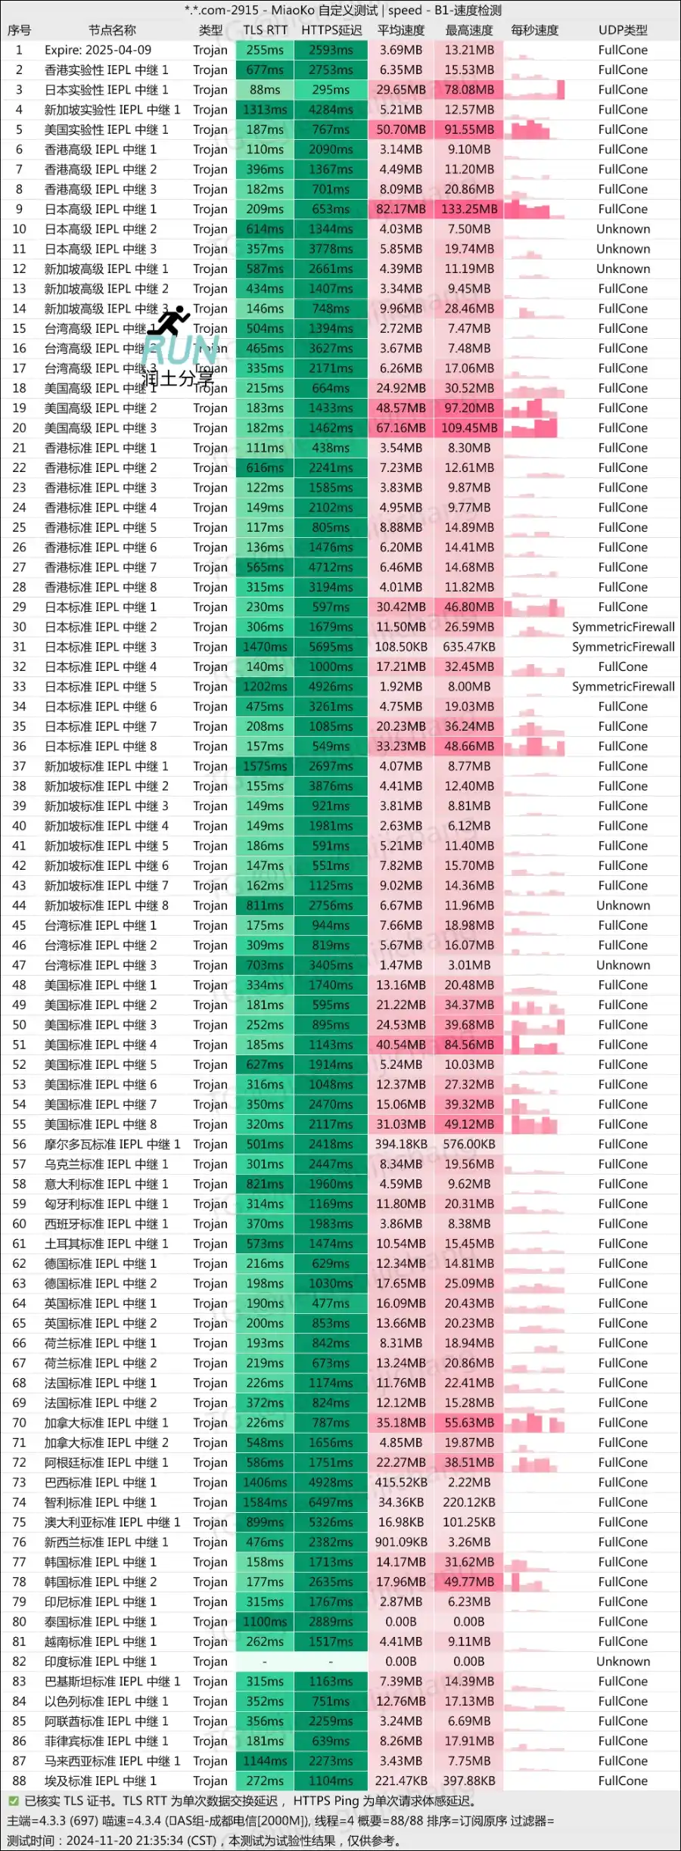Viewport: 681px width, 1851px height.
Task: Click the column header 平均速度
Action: [x=401, y=30]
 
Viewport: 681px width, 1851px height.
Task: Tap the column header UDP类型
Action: [x=623, y=30]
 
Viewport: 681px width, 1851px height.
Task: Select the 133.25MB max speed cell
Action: [x=469, y=209]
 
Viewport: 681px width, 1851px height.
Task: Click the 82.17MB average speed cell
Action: [x=401, y=209]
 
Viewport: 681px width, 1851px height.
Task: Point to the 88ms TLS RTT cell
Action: [x=265, y=89]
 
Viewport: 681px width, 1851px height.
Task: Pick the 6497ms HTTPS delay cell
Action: [x=331, y=1502]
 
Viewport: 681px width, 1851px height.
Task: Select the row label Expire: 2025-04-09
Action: [x=98, y=50]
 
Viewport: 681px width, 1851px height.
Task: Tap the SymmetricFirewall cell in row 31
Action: [x=623, y=647]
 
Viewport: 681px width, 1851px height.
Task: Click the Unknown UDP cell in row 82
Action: [x=623, y=1661]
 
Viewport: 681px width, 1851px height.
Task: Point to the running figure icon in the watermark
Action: [x=169, y=321]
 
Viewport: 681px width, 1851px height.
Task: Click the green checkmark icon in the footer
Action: [x=14, y=1801]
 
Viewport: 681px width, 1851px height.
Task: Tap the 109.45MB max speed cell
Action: [x=469, y=427]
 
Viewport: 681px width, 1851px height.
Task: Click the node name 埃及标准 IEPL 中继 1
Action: [x=100, y=1781]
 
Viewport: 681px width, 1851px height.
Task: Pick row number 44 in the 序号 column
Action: [x=19, y=905]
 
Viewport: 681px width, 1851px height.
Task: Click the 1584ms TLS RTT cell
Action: [x=265, y=1502]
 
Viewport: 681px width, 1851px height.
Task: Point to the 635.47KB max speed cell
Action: [x=469, y=647]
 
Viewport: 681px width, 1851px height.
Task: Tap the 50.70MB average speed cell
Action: [x=401, y=129]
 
